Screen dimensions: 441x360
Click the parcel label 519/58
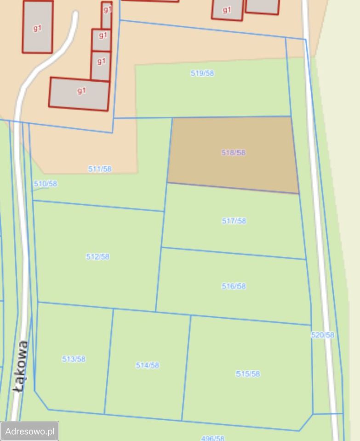(x=202, y=73)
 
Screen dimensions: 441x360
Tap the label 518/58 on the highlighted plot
(x=234, y=153)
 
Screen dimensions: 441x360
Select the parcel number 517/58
(x=234, y=221)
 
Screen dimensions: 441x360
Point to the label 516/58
(x=234, y=286)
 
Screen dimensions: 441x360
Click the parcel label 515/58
(x=248, y=373)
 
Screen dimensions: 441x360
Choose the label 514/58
(x=148, y=365)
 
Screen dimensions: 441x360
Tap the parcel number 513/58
(x=74, y=359)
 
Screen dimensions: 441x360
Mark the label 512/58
(x=98, y=256)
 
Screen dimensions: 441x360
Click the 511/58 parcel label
(x=100, y=169)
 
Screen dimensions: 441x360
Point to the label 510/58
(x=46, y=184)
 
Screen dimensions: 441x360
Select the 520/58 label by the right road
(x=323, y=335)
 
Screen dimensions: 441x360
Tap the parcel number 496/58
(x=213, y=438)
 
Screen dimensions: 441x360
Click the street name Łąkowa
(x=20, y=366)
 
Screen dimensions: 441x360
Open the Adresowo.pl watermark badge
(x=30, y=431)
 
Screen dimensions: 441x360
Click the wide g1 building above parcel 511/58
(x=79, y=94)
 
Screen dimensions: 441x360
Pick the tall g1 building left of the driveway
(x=38, y=27)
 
